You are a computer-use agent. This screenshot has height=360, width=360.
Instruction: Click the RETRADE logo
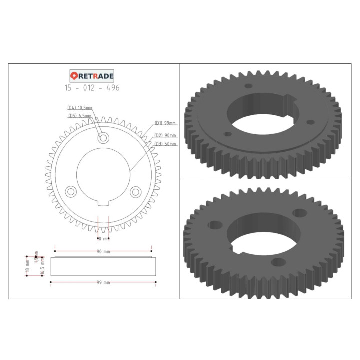tap(92, 76)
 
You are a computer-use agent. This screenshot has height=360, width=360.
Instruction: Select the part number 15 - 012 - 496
tap(92, 88)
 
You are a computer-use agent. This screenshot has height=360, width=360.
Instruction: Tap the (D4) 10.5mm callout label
tap(80, 108)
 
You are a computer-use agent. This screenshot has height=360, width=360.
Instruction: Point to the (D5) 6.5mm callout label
tap(80, 115)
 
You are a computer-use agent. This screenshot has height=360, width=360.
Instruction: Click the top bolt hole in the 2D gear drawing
tap(103, 138)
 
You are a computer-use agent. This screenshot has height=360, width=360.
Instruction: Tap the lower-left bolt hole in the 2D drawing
tap(70, 191)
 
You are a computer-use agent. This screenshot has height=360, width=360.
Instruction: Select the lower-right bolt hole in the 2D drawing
tap(135, 191)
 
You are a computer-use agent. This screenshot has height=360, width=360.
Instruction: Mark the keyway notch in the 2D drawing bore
tap(103, 202)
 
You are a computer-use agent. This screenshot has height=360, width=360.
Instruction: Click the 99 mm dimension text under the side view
tap(103, 283)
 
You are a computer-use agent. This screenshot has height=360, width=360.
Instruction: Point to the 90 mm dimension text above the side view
tap(103, 251)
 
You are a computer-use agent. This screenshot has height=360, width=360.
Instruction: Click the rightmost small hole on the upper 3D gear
tap(311, 121)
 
